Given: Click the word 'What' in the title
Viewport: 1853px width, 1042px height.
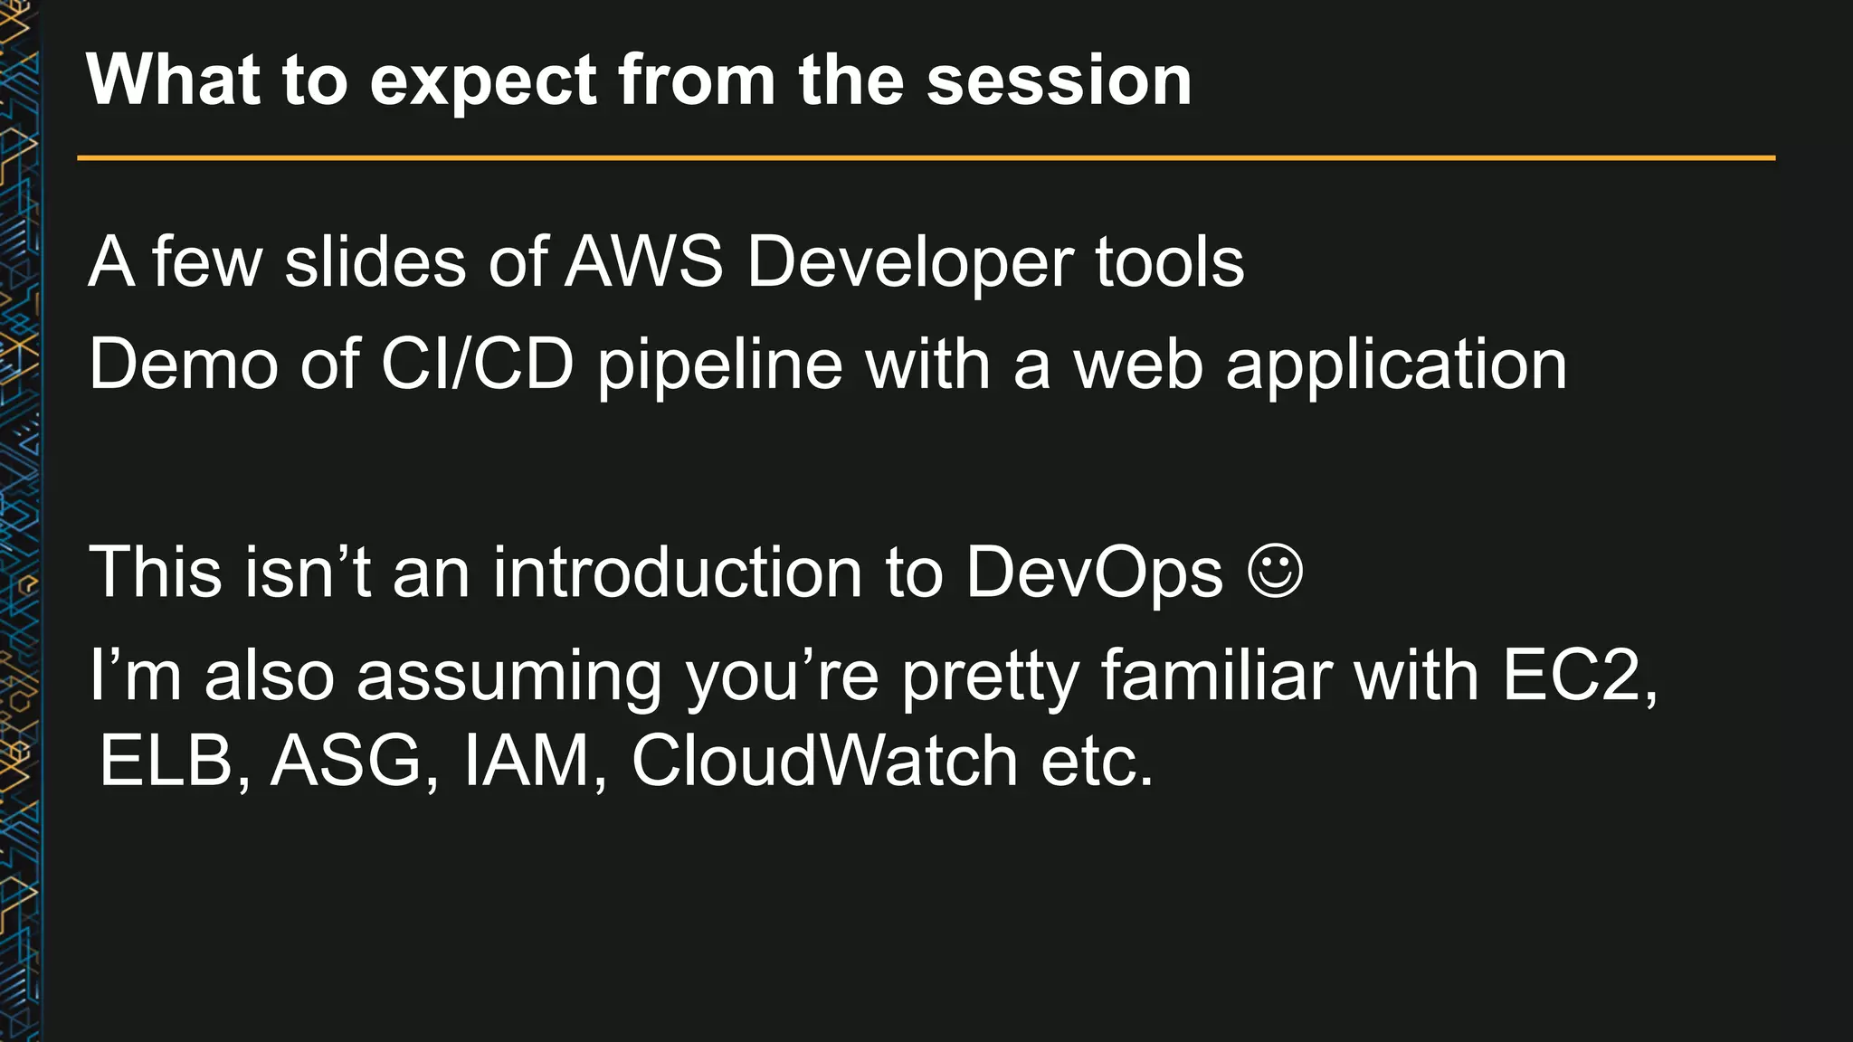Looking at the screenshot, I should (173, 81).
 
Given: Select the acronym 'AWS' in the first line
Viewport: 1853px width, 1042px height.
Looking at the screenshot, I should (644, 263).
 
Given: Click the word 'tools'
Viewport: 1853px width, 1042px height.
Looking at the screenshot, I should (1169, 263).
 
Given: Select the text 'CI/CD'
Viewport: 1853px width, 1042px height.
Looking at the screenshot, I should (477, 365).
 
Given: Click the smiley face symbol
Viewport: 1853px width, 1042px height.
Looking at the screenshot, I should (1275, 572).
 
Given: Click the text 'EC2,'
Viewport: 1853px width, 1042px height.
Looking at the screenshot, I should (1580, 677).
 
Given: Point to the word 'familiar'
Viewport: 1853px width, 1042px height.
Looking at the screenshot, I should (1216, 676).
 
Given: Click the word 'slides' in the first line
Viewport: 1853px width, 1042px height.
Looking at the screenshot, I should (374, 263).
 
